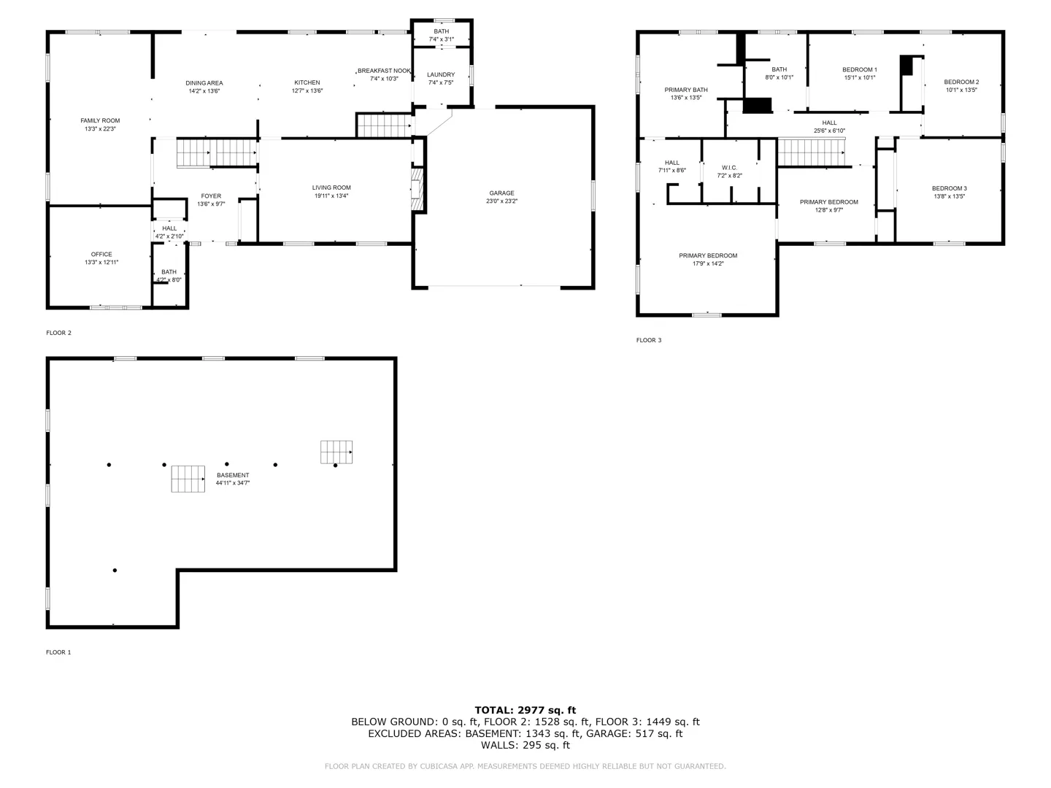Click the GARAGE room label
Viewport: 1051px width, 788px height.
pos(501,193)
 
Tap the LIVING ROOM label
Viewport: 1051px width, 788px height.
pos(331,188)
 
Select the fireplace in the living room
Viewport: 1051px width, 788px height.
pos(417,188)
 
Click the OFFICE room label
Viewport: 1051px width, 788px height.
pos(101,254)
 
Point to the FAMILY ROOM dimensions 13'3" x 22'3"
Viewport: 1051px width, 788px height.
pos(100,128)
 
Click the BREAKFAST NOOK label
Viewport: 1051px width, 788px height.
pos(384,71)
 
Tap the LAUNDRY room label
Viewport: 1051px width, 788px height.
pos(441,74)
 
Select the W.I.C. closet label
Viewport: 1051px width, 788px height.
pos(729,168)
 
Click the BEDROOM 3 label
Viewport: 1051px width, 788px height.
pos(949,188)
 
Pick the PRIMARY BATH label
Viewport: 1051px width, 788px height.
pos(685,90)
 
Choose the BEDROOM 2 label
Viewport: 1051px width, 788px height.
pos(961,82)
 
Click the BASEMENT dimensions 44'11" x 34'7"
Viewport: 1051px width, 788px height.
pos(233,483)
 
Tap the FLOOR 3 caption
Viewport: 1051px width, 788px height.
pos(649,340)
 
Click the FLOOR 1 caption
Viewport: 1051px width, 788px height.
pos(58,652)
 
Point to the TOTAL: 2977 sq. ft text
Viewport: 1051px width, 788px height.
pos(525,710)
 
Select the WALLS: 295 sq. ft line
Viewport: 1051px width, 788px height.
pos(525,745)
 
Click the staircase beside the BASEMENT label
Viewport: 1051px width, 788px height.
pos(188,479)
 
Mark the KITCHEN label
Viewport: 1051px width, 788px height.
pos(307,82)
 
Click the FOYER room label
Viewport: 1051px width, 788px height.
pos(211,196)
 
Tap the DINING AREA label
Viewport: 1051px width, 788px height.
pos(204,82)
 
